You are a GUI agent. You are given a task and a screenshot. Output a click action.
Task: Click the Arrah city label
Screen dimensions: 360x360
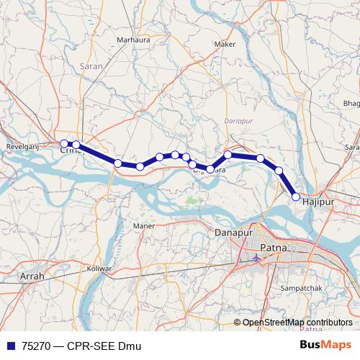tap(32, 276)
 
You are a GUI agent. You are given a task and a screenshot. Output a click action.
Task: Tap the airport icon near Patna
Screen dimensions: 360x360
tap(257, 256)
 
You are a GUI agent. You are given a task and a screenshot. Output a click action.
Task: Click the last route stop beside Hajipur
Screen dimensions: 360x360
tap(296, 196)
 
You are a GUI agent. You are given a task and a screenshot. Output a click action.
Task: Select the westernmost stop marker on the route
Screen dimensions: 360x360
tap(63, 143)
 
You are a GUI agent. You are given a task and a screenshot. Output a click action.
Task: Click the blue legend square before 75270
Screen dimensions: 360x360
tap(9, 346)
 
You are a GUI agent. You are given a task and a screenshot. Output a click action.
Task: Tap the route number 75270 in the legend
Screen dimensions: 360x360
tap(36, 346)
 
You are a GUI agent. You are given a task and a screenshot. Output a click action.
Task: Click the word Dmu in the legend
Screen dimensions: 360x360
tap(125, 346)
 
